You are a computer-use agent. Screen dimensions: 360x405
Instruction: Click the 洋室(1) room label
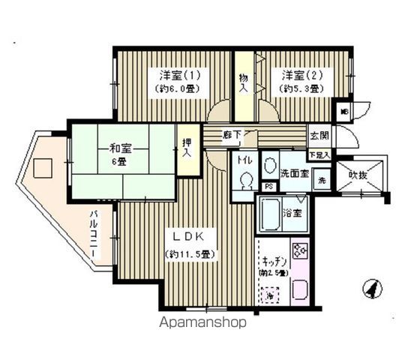coord(178,75)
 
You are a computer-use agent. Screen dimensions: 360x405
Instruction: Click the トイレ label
coord(244,161)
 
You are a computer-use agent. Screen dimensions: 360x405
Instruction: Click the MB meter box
coord(344,112)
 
